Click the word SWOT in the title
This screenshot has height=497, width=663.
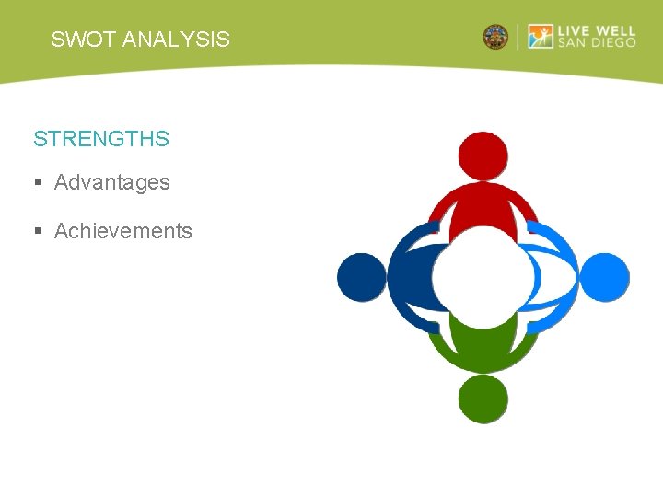(84, 40)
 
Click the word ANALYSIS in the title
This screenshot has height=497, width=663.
(176, 40)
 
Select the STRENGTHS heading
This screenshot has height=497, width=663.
(101, 139)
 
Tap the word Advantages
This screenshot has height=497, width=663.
(112, 182)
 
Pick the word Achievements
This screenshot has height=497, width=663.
(123, 231)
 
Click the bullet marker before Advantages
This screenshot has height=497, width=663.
(39, 183)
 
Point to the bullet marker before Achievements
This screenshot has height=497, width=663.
(39, 232)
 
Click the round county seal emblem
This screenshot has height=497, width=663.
(495, 37)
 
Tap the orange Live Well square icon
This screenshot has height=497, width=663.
(541, 37)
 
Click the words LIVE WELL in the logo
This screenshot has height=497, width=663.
(596, 29)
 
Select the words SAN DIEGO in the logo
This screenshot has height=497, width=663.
(596, 44)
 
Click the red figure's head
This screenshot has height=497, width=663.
(483, 156)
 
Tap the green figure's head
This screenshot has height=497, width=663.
(483, 399)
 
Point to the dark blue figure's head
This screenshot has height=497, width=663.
(361, 277)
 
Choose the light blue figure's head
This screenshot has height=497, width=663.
(605, 277)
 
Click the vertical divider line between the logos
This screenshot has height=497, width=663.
(518, 37)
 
